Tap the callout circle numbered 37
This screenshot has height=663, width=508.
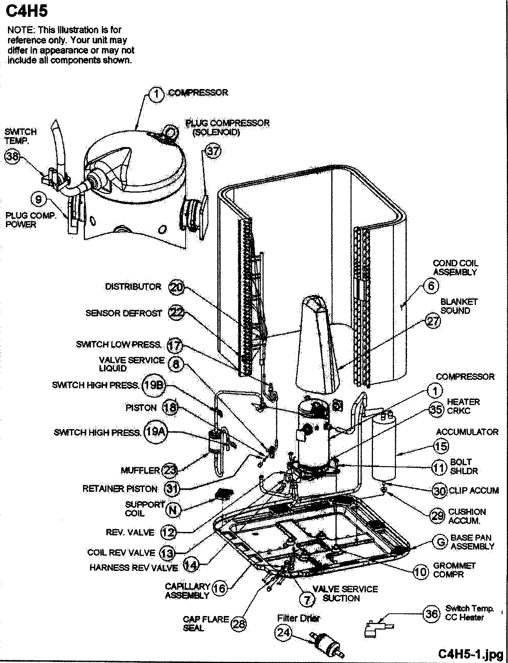(x=213, y=151)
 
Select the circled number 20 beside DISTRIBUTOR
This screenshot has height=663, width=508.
(x=176, y=287)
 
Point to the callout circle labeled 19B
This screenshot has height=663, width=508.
(x=154, y=385)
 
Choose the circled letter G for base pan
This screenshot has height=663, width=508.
(x=441, y=542)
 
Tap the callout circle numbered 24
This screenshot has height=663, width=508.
(x=283, y=633)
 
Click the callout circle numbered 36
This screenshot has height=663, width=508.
(x=431, y=614)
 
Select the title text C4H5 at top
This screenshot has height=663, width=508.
(x=27, y=11)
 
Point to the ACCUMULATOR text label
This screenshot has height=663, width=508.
(x=467, y=432)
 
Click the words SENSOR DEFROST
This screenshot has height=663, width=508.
(x=124, y=313)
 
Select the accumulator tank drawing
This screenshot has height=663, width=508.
(x=385, y=445)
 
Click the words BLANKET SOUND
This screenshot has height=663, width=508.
(x=459, y=306)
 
